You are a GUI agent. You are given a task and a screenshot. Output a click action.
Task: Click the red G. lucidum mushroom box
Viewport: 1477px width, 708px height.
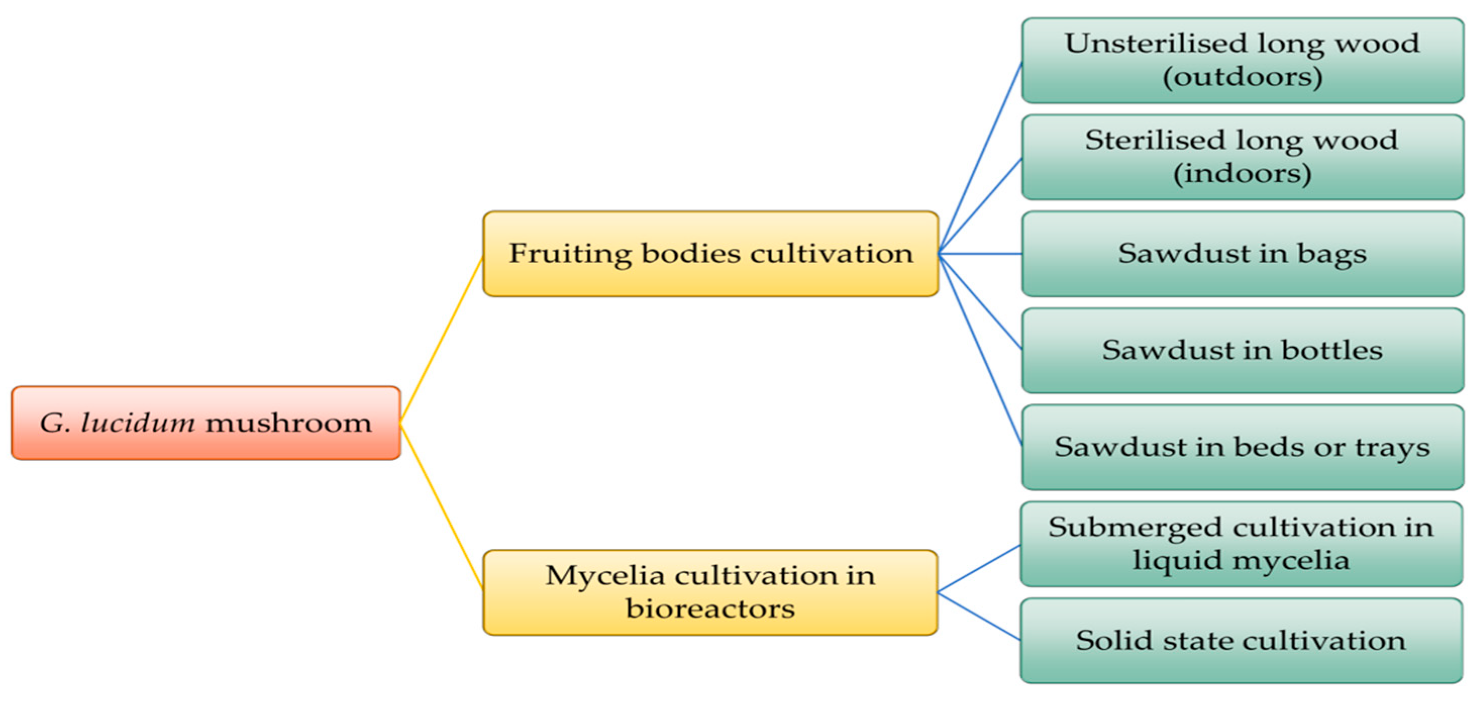(206, 423)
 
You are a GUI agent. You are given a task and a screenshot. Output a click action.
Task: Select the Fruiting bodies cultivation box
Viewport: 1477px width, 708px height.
(710, 254)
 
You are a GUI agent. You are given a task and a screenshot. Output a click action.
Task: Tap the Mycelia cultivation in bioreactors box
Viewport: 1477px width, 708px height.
(710, 592)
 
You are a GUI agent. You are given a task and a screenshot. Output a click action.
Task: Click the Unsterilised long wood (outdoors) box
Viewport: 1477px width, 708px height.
(1242, 60)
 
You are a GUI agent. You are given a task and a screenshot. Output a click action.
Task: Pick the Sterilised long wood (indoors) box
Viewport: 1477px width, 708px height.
(1242, 157)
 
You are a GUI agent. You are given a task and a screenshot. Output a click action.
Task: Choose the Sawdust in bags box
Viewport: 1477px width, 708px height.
(1242, 254)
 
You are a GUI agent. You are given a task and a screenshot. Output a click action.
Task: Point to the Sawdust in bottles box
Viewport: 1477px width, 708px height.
(1242, 350)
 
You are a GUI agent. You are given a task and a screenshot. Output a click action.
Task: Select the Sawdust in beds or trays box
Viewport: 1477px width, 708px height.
(1242, 447)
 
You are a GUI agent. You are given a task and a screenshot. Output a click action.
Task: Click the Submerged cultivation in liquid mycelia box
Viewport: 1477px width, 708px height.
(1241, 543)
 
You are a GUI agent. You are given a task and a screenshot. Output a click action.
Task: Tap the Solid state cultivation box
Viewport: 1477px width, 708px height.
(1241, 640)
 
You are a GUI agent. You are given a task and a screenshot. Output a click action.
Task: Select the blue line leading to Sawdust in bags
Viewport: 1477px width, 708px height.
(980, 254)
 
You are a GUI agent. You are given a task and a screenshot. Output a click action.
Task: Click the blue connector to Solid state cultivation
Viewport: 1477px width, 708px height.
(979, 616)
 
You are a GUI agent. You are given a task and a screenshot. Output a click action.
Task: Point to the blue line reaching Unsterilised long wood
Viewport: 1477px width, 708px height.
(980, 158)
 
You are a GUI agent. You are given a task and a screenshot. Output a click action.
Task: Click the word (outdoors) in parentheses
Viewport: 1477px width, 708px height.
(1242, 77)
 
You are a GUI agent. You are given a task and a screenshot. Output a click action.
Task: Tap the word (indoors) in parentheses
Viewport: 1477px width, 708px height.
(1242, 173)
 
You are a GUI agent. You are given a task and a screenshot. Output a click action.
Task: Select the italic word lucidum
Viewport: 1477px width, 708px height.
(138, 423)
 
